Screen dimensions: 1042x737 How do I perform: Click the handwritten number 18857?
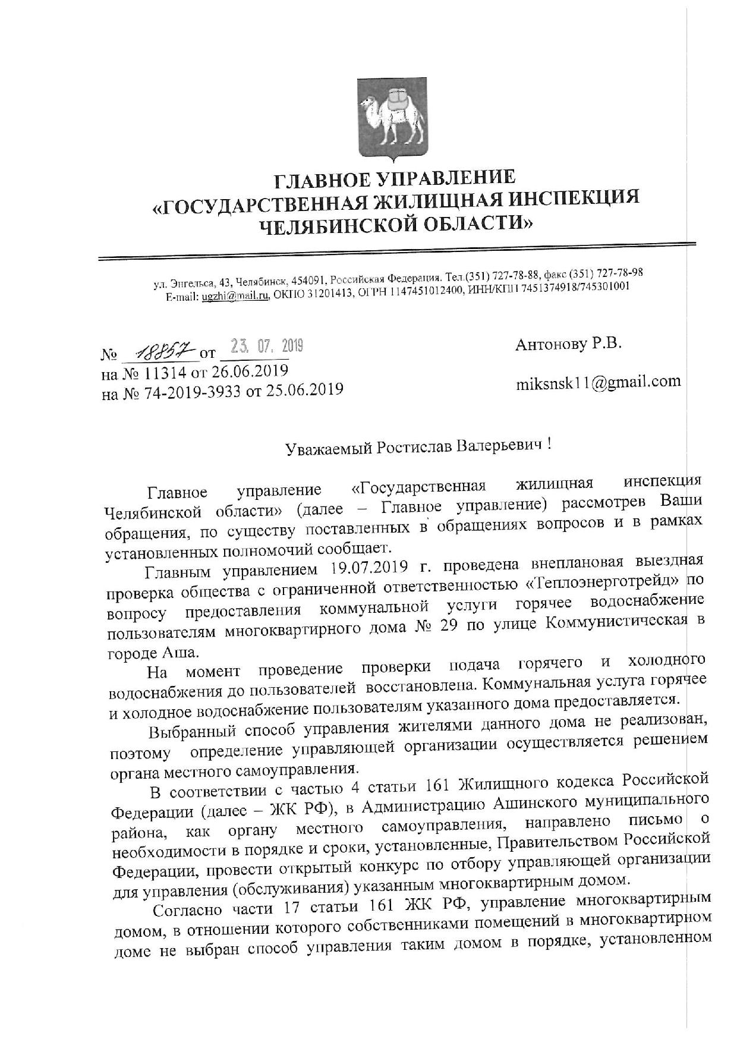point(159,352)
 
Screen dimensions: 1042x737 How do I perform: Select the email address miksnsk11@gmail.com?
point(598,382)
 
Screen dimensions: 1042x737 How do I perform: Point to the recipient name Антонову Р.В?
point(568,344)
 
